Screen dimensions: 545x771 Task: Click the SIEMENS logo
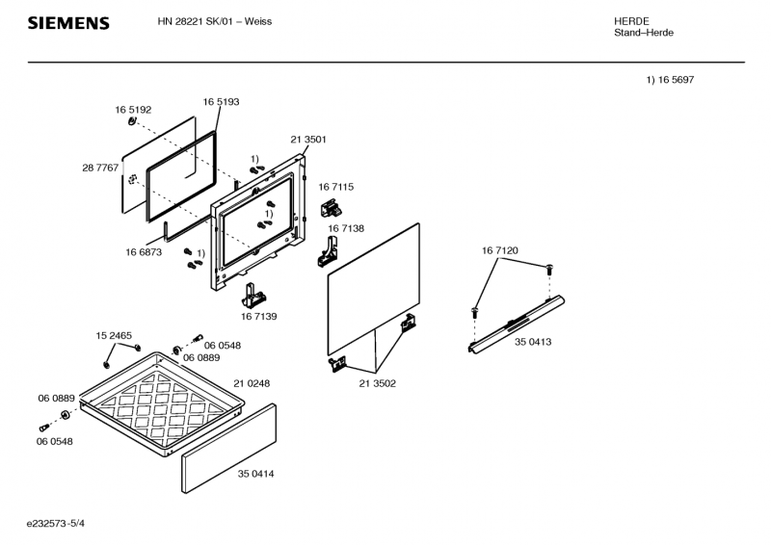pos(67,23)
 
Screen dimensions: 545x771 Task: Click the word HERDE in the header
pos(631,21)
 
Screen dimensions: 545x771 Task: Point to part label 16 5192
pos(133,110)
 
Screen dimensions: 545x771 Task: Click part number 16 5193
pos(221,101)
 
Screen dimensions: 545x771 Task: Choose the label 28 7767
pos(100,168)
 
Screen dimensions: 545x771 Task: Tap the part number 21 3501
pos(308,140)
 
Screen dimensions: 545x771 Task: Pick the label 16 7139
pos(258,316)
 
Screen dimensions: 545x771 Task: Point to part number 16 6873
pos(143,251)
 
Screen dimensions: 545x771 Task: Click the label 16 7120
pos(500,250)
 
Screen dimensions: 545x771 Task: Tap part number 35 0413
pos(533,342)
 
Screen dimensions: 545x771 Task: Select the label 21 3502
pos(377,383)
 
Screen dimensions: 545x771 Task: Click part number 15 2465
pos(113,335)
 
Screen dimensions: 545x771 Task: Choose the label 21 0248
pos(252,383)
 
